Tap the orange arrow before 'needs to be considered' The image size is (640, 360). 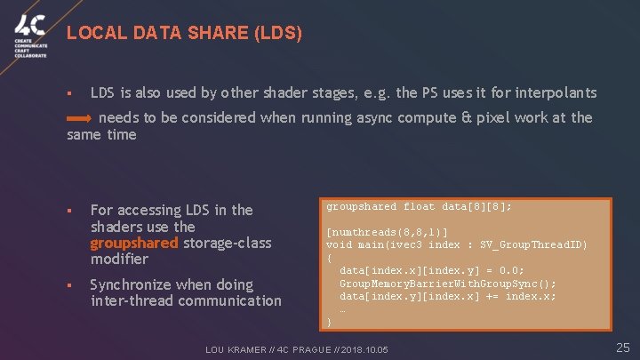pyautogui.click(x=79, y=117)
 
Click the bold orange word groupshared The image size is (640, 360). pyautogui.click(x=134, y=243)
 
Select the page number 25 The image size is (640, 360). pyautogui.click(x=622, y=347)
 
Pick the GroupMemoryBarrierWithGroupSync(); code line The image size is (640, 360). pyautogui.click(x=448, y=284)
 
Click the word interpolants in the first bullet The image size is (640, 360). pyautogui.click(x=557, y=92)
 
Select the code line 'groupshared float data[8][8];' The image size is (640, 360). pyautogui.click(x=419, y=206)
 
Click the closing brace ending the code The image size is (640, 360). pyautogui.click(x=329, y=322)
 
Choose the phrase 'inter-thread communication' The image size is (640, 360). pyautogui.click(x=186, y=300)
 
